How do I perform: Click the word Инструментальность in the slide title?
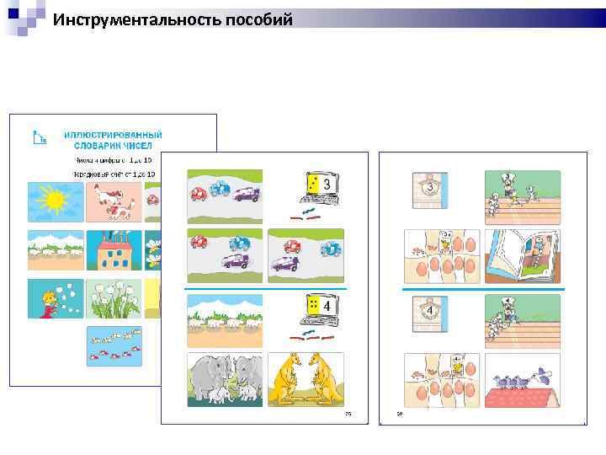point(137,19)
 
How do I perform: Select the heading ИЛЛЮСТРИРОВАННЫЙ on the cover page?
point(113,135)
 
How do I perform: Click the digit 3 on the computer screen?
point(326,185)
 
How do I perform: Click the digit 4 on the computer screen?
point(326,307)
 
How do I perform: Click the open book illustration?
point(524,255)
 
